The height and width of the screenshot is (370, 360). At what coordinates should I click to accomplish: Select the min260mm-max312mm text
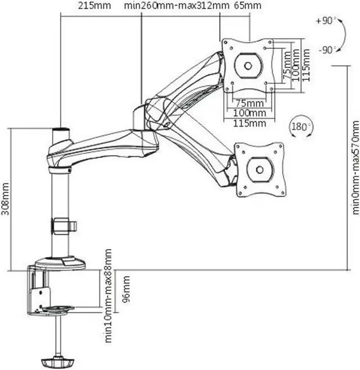177,6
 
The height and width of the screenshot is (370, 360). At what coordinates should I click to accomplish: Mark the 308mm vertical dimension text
6,195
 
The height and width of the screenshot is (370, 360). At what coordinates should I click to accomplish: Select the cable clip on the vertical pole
64,226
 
